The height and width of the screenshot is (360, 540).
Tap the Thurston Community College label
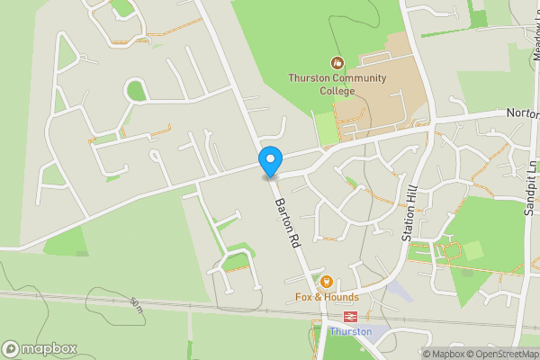click(x=337, y=84)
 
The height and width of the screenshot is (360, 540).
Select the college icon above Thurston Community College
click(x=337, y=63)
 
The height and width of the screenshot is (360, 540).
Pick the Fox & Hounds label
click(x=327, y=297)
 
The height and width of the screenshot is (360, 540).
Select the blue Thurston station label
click(x=350, y=331)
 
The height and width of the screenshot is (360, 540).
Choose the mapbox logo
click(x=40, y=348)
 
